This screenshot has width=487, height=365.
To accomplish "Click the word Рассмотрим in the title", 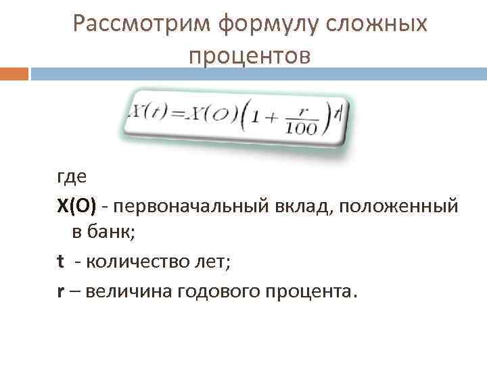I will coord(143,24).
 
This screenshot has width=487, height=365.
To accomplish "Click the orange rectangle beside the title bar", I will coord(14,74).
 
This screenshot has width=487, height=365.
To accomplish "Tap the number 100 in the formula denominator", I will coord(300,128).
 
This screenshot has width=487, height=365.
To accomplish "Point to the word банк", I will coord(112,233).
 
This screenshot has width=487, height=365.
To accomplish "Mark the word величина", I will coord(115,291).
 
